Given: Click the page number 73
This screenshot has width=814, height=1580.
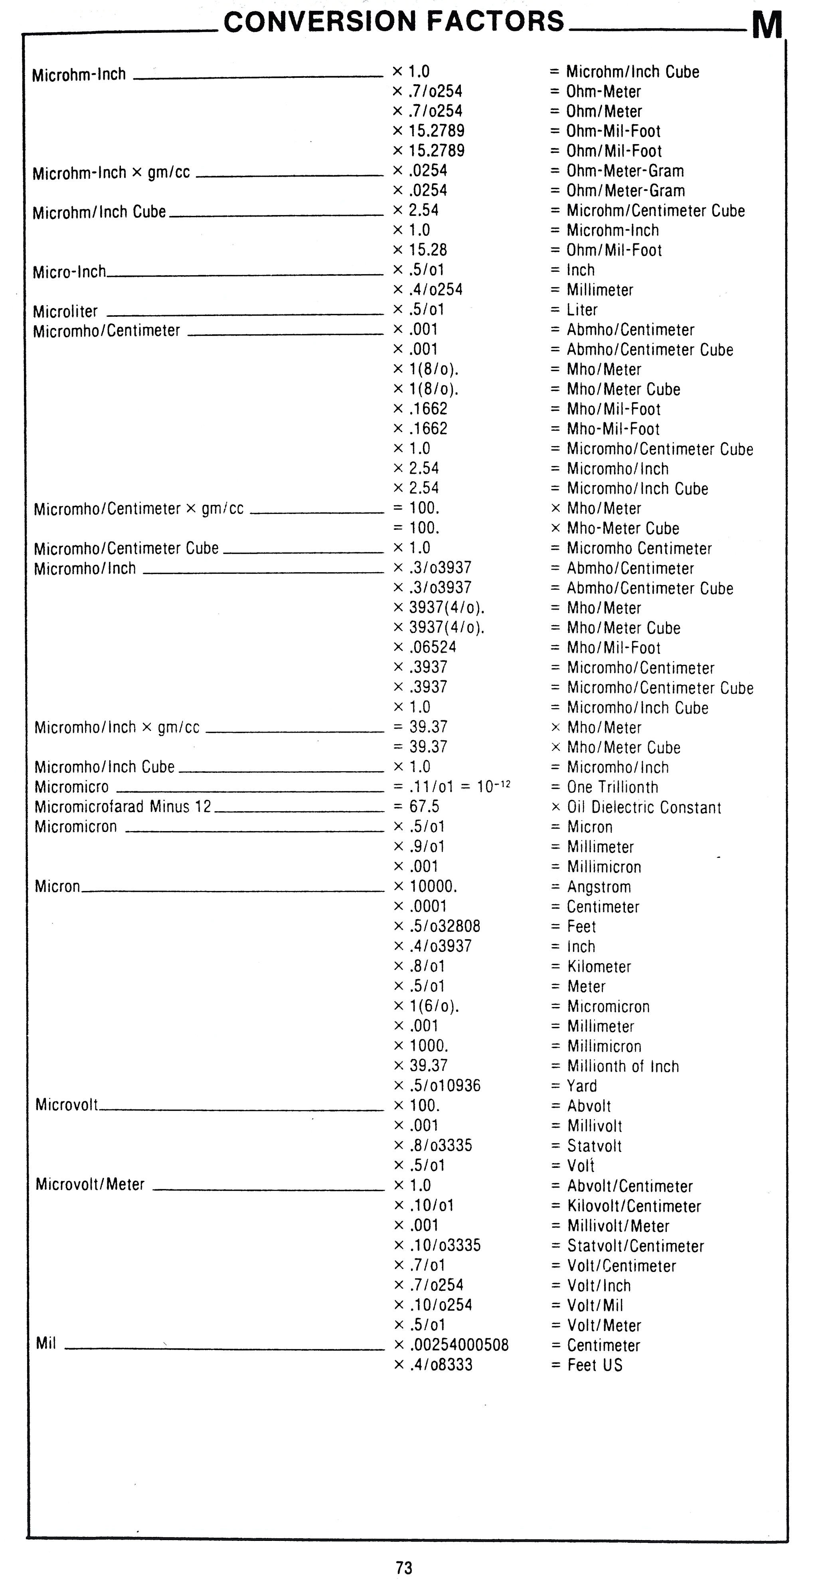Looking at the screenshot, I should pos(404,1567).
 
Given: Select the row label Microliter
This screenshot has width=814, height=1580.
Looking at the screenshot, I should pos(65,312).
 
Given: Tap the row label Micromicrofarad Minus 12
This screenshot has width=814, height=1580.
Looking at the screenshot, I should pos(122,807).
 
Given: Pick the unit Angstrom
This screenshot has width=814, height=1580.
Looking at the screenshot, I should pos(599,887).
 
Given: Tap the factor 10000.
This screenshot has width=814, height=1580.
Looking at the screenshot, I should pos(433,887).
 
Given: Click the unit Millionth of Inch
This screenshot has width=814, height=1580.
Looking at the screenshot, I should pos(622,1066).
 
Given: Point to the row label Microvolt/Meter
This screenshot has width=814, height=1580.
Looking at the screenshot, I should pos(90,1184).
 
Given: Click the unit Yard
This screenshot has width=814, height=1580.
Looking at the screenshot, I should pos(581,1086).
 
